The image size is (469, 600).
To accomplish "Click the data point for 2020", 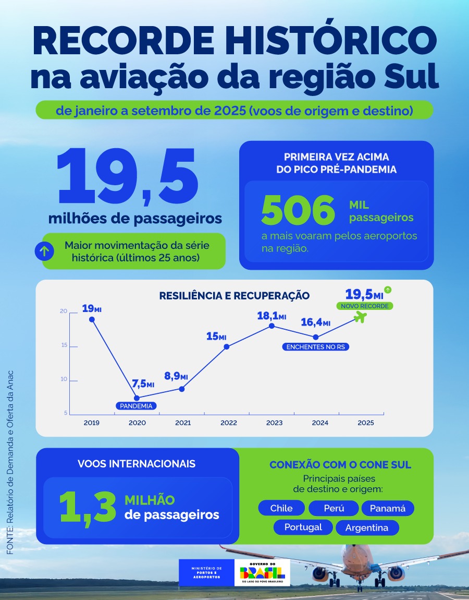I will [137, 398].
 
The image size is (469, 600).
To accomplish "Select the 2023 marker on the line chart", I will [271, 326].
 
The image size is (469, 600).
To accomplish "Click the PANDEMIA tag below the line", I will [137, 405].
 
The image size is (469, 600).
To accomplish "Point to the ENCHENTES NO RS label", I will [316, 346].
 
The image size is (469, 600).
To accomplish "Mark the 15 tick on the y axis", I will [64, 345].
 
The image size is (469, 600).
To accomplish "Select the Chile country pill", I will [281, 508].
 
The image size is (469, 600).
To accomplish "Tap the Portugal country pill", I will [303, 527].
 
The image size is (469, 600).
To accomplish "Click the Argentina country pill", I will [367, 527].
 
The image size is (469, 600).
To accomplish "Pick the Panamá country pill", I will [388, 508].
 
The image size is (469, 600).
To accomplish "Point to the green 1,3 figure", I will [88, 507].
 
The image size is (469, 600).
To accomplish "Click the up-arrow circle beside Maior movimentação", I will [45, 251].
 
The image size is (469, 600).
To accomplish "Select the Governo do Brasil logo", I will [262, 572].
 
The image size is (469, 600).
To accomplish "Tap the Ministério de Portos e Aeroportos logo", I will [206, 572].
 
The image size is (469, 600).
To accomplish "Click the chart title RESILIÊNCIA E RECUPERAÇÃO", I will [234, 296].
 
